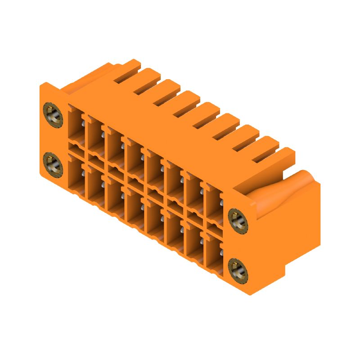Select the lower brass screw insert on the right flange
[237, 269]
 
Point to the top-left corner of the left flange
[43, 84]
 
